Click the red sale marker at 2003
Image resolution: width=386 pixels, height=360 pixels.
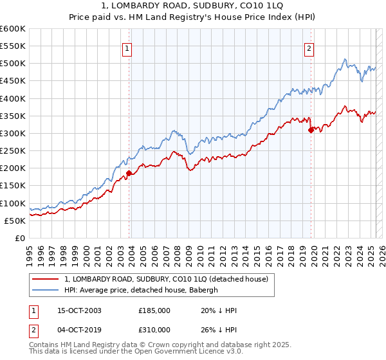click(x=129, y=173)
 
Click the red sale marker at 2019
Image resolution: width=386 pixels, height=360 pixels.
click(x=311, y=130)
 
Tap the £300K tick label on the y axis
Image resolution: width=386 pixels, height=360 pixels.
click(x=13, y=133)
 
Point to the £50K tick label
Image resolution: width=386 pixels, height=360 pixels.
click(x=15, y=221)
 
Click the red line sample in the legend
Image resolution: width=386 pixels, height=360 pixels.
click(x=45, y=278)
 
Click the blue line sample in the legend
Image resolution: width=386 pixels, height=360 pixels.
click(x=45, y=290)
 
